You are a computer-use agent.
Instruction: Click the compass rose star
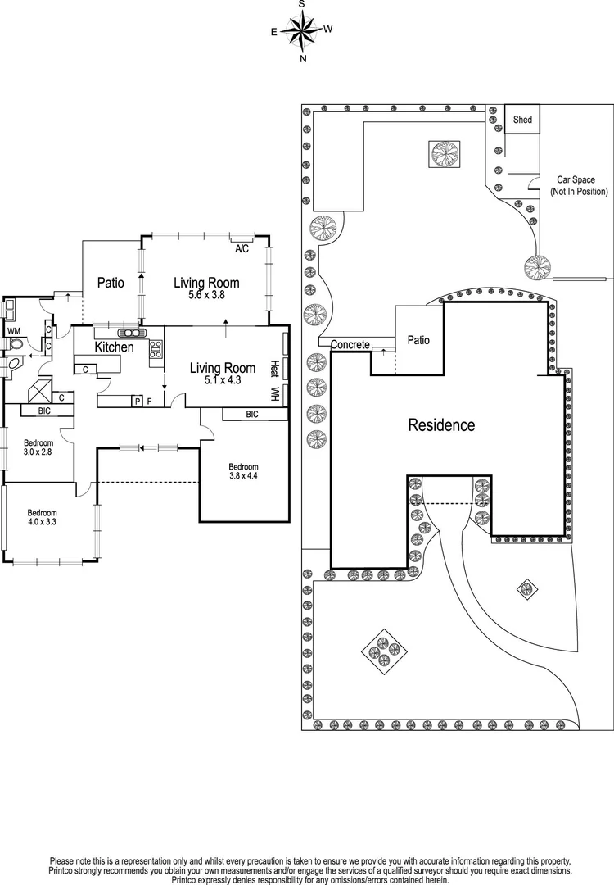303,32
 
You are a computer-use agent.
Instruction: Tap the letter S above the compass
302,4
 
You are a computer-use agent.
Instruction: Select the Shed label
522,120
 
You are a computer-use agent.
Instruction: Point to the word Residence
441,425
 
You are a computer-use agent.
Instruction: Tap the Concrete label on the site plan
350,345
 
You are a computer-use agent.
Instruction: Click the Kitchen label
114,347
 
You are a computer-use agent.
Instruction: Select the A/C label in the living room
242,248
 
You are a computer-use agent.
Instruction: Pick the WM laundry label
14,330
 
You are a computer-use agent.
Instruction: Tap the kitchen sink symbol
130,333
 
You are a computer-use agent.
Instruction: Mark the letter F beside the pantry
150,401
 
